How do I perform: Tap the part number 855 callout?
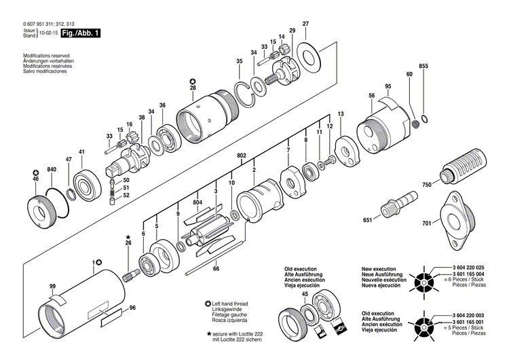point(423,66)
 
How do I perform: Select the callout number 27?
point(305,24)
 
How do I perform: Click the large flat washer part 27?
point(311,54)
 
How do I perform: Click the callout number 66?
point(216,270)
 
